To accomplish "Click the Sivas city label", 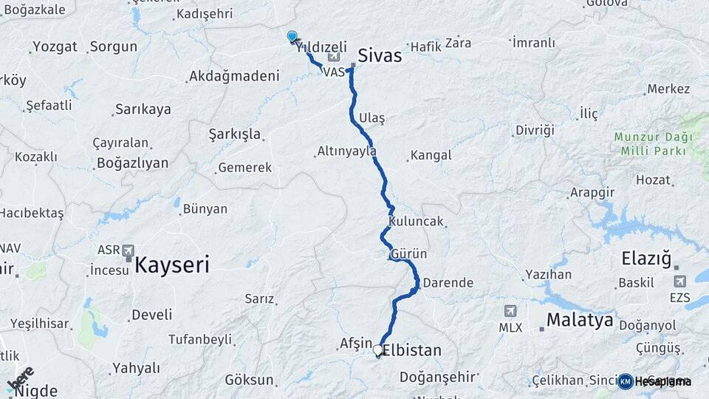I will coord(380,55).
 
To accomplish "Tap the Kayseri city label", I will coord(171,264).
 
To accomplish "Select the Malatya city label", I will coord(580,320).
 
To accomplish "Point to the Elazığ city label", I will coord(645,259).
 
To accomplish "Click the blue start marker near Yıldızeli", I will coord(292,36).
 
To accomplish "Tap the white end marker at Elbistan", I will coord(378,349).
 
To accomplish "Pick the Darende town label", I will coord(448,282).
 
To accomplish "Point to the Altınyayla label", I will coord(346,151).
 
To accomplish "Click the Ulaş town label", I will coord(371,118).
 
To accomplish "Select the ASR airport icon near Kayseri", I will coord(129,250).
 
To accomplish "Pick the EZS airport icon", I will coord(680,281).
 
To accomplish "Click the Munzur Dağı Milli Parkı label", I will coord(653,144).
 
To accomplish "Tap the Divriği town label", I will coord(534,130).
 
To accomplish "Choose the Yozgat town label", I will coord(55,47).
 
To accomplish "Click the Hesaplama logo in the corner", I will coord(655,381).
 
